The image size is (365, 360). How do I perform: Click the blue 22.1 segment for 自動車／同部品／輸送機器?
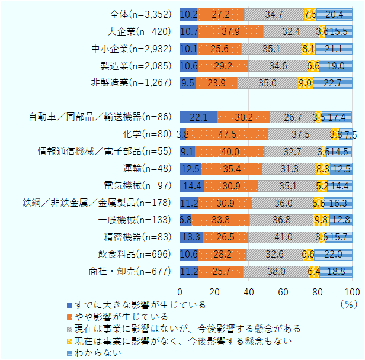click(x=198, y=117)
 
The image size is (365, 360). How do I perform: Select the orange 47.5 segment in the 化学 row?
click(x=227, y=134)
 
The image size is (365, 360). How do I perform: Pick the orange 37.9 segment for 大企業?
click(x=230, y=31)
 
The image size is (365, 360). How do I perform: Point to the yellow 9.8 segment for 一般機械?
click(x=320, y=220)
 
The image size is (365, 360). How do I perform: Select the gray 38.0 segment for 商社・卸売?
click(x=276, y=272)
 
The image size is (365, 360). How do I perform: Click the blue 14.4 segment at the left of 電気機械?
click(x=192, y=186)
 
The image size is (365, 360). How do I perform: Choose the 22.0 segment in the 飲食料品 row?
click(x=333, y=255)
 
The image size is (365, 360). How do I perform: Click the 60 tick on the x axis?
click(x=283, y=292)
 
